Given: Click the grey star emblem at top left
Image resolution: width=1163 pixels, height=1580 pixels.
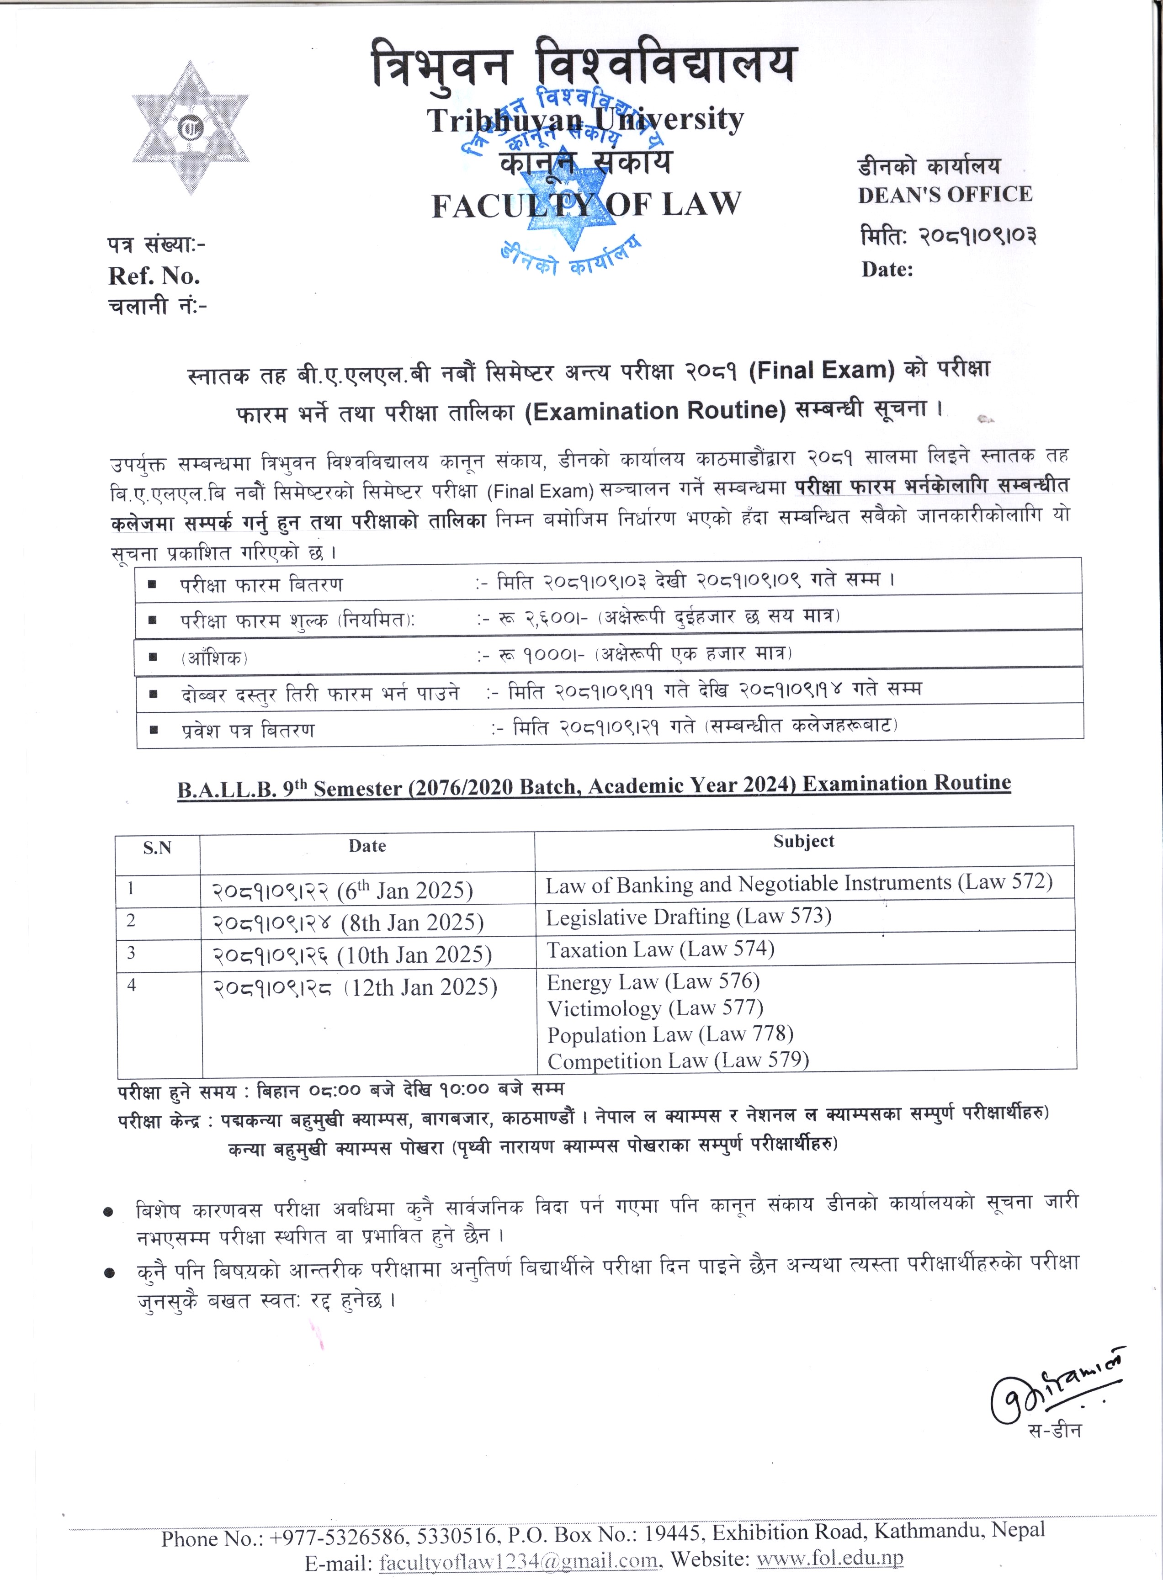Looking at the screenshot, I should [190, 129].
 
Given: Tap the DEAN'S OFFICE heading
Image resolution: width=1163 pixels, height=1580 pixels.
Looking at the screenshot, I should [945, 194].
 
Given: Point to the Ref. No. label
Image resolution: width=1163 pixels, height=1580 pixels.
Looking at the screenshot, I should [154, 276].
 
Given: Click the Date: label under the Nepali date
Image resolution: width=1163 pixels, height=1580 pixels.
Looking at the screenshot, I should [887, 270].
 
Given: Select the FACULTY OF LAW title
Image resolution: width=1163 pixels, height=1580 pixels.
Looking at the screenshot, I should [586, 205].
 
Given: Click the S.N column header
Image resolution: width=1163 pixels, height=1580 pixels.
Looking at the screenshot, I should [157, 848].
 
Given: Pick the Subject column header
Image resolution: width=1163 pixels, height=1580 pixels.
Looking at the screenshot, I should [803, 841].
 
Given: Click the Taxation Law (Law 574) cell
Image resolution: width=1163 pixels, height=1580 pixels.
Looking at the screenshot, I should [660, 949].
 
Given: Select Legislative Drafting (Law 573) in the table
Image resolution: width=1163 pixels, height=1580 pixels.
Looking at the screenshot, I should [689, 916].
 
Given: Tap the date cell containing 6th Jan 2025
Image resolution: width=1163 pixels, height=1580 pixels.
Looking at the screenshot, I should [342, 890].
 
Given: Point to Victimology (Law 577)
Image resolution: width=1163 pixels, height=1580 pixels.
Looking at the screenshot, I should [655, 1008].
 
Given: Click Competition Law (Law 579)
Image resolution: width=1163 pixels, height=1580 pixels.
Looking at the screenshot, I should [678, 1060].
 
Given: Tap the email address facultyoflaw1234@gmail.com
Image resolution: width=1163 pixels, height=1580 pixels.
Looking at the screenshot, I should [518, 1561].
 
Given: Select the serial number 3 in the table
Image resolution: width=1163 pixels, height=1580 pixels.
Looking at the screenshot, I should [131, 952].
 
